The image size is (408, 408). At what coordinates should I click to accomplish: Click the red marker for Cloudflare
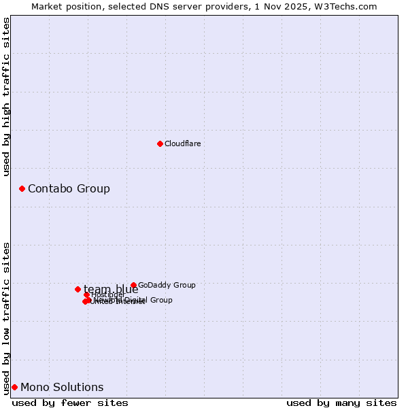tap(160, 143)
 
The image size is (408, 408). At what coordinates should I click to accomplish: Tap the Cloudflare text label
tap(183, 143)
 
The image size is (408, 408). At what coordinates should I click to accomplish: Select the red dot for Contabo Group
tap(22, 188)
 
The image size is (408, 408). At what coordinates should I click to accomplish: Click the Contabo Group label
tap(69, 188)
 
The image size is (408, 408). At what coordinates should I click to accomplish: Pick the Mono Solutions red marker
tap(14, 387)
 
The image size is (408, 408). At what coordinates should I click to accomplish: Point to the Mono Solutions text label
tap(62, 387)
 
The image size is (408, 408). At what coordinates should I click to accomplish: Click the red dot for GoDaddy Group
tap(133, 285)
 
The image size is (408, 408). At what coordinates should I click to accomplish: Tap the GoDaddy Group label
tap(167, 285)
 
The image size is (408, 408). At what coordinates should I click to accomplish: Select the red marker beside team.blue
tap(78, 289)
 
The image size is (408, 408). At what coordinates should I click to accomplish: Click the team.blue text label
tap(111, 289)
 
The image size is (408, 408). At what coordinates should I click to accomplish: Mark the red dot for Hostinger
tap(86, 294)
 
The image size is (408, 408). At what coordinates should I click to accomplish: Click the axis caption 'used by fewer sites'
tap(70, 403)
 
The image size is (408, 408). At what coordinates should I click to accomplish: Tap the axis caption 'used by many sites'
tap(341, 403)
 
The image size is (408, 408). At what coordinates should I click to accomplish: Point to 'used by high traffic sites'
tap(6, 97)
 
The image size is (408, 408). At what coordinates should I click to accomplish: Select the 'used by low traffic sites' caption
tap(6, 318)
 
